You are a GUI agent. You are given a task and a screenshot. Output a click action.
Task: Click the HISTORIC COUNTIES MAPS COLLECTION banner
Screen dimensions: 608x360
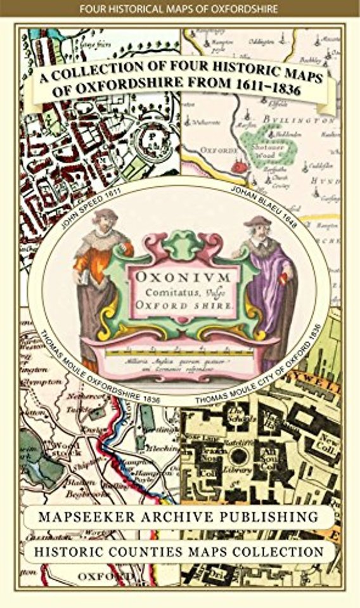pos(180,552)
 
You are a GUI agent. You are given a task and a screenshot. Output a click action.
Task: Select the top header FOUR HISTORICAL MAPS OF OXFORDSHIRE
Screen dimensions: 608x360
pos(180,9)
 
